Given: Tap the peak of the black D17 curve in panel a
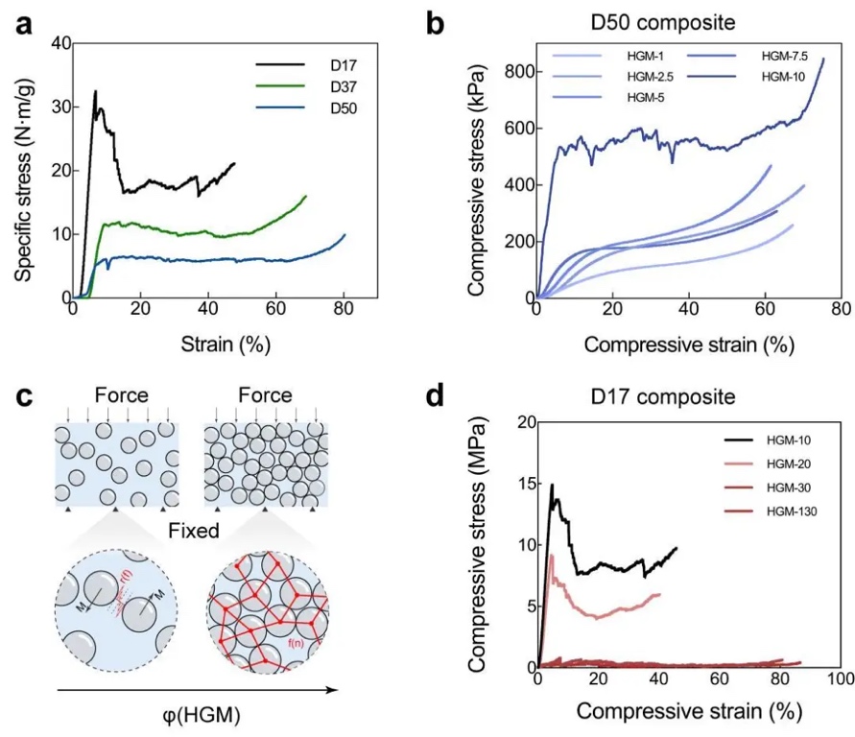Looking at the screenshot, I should (95, 92).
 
